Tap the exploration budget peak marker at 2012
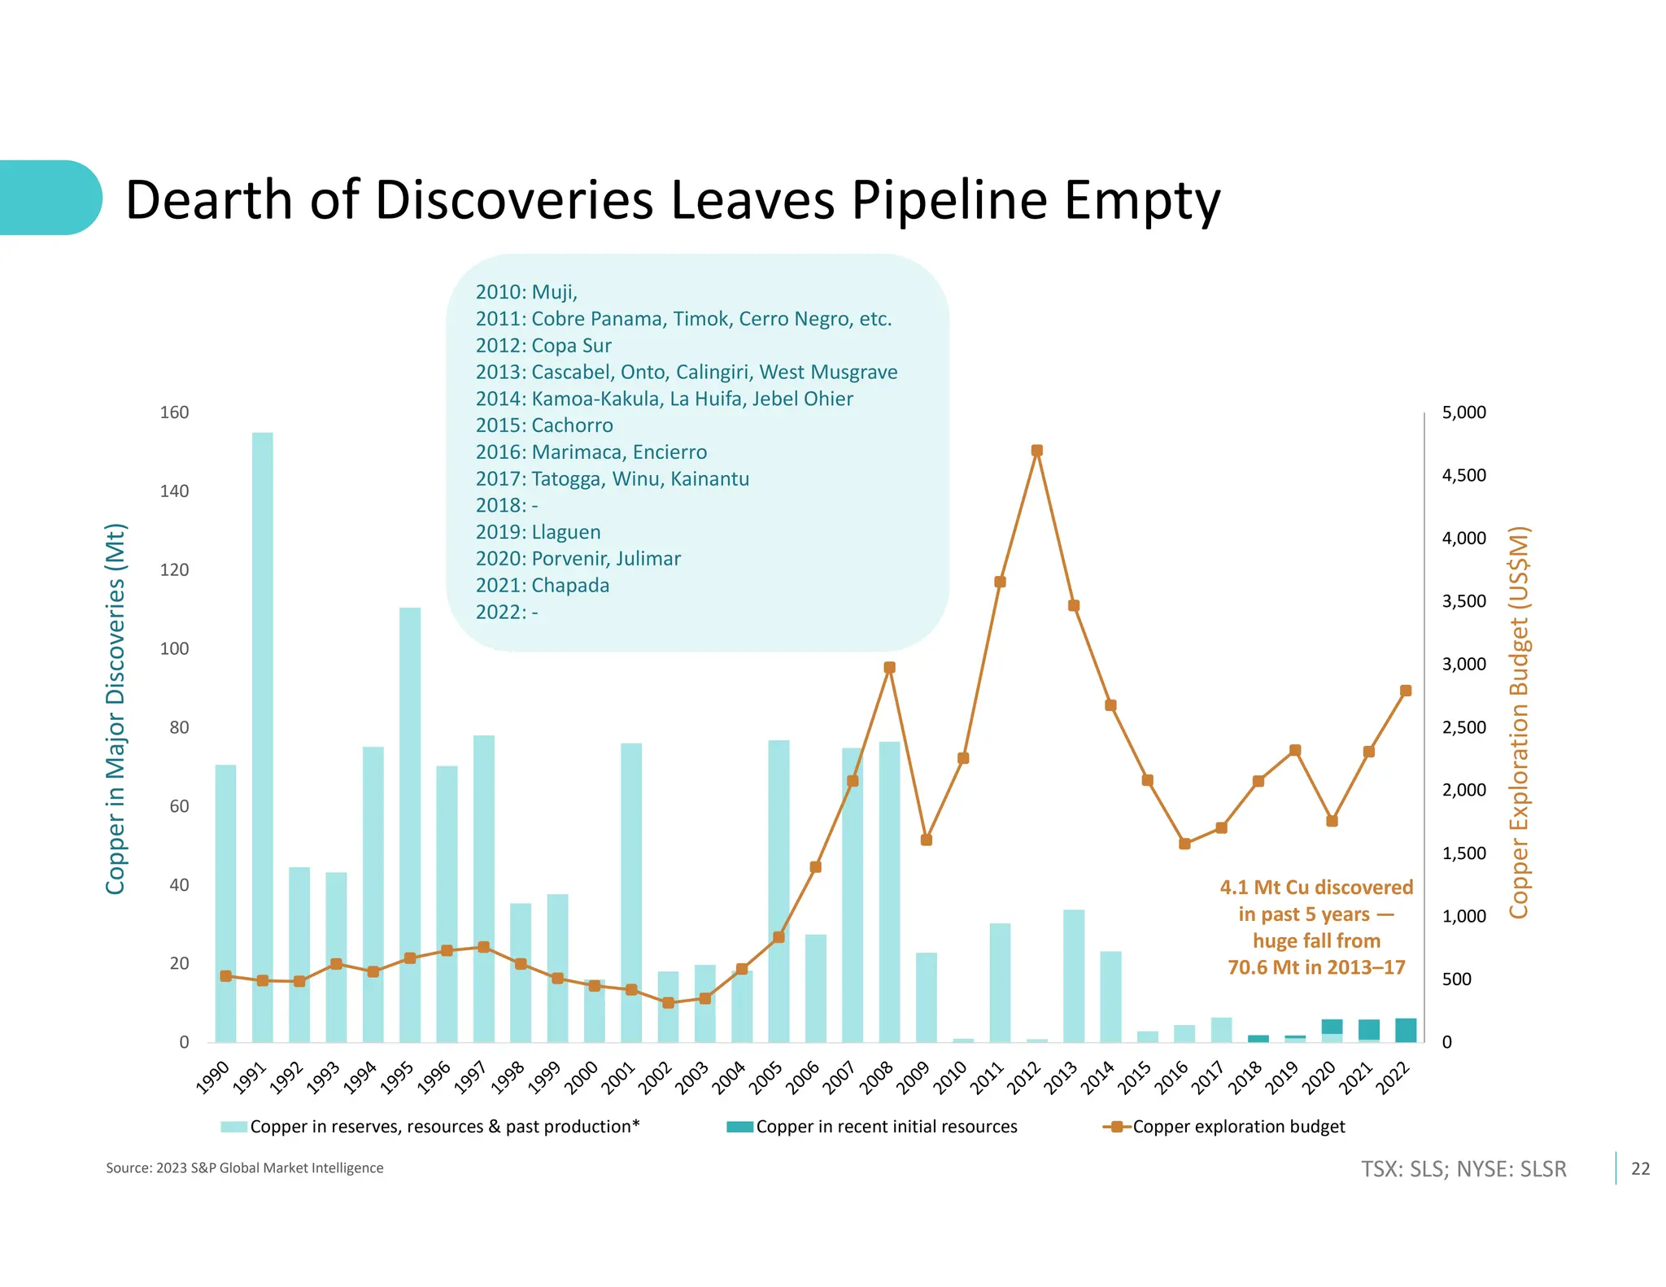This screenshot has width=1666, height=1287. point(1036,451)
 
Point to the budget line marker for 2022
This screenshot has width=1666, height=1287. point(1406,691)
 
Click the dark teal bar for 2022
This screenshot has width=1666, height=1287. point(1406,1030)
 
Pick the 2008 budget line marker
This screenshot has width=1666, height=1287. point(889,667)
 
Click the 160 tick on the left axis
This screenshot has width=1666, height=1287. point(174,412)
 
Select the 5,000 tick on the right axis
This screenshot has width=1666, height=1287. point(1463,412)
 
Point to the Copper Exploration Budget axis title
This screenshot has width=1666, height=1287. point(1519,722)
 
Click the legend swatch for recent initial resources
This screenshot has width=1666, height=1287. point(739,1127)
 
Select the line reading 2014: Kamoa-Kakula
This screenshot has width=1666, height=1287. point(664,399)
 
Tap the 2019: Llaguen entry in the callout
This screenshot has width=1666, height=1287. point(538,532)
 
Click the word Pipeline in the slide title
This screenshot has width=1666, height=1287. point(949,200)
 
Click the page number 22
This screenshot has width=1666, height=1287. point(1640,1169)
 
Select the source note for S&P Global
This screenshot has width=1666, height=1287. point(244,1168)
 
